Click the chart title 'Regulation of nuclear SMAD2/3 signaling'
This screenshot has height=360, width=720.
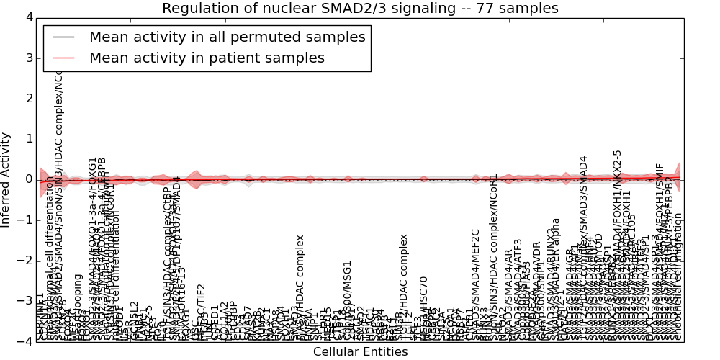click(x=310, y=9)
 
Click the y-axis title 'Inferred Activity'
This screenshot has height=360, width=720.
click(x=6, y=179)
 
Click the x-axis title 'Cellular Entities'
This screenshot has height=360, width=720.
click(x=360, y=352)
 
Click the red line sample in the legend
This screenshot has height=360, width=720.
click(x=63, y=58)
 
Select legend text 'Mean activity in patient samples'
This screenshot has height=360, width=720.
click(x=207, y=58)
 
